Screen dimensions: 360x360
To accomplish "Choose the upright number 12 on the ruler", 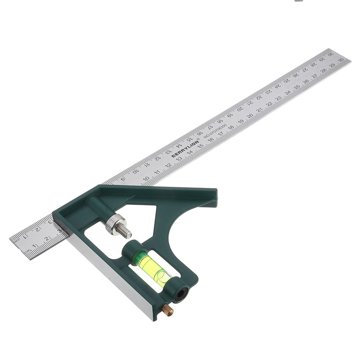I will click(168, 165).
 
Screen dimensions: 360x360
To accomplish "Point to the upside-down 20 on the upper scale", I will click(240, 108).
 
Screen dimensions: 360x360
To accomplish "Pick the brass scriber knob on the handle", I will click(167, 310).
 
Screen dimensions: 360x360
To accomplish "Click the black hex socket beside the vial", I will click(183, 294).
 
